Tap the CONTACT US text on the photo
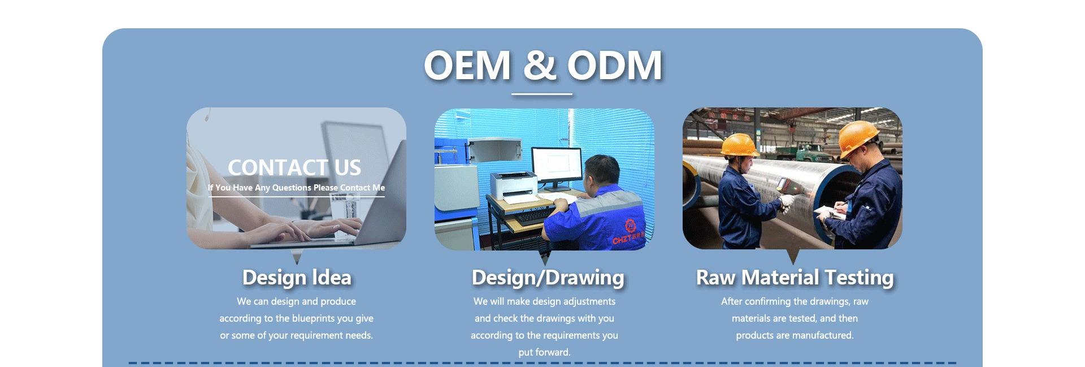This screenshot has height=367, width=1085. (x=294, y=167)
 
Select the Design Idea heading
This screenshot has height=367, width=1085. (x=297, y=278)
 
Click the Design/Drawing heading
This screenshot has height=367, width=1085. (x=548, y=278)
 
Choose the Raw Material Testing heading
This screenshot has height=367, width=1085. (x=795, y=278)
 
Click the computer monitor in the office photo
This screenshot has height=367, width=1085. (x=557, y=167)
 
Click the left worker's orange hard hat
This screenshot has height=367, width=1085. (x=739, y=144)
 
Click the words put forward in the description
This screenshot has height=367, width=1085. (x=544, y=352)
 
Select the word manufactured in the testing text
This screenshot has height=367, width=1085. (x=823, y=335)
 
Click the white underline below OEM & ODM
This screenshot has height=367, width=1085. (x=542, y=94)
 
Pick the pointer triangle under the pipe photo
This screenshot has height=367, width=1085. (x=793, y=257)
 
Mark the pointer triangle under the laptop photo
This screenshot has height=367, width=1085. (x=297, y=257)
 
